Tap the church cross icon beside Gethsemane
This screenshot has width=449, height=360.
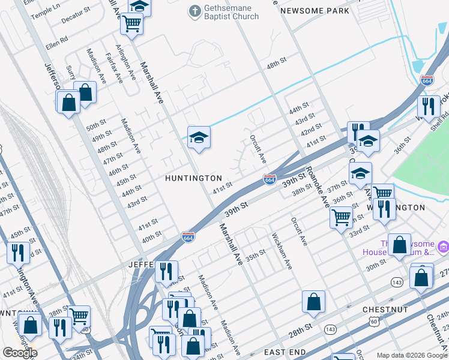pyautogui.click(x=194, y=11)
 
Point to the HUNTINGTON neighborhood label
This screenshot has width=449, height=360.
pyautogui.click(x=194, y=178)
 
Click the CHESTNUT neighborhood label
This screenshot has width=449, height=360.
pyautogui.click(x=385, y=310)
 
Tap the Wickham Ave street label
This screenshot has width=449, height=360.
pyautogui.click(x=281, y=251)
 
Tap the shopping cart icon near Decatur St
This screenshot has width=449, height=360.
pyautogui.click(x=131, y=25)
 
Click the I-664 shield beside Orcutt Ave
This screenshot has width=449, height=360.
pyautogui.click(x=270, y=179)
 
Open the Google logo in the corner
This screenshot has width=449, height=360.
pyautogui.click(x=20, y=353)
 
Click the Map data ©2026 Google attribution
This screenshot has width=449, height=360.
pyautogui.click(x=411, y=355)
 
